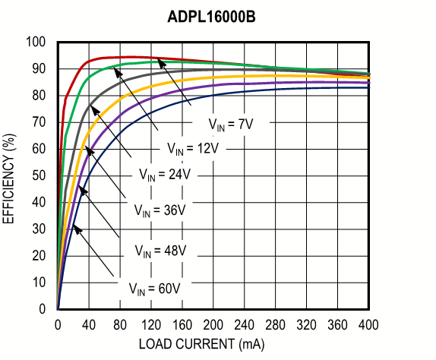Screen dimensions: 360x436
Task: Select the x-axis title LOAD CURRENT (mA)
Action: (213, 344)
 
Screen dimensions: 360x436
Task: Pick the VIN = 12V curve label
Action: (193, 147)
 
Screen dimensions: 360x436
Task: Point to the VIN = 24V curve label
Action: (165, 174)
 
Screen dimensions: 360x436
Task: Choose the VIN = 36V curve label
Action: (159, 208)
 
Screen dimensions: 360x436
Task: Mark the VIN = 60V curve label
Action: (154, 288)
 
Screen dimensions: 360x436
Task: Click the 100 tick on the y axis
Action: (37, 42)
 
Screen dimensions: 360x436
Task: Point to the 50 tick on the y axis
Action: (39, 176)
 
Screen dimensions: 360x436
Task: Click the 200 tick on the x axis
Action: (213, 324)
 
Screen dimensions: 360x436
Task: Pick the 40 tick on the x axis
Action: (89, 324)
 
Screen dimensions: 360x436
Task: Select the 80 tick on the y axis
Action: (39, 96)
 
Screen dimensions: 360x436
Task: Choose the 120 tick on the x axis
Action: (151, 324)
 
